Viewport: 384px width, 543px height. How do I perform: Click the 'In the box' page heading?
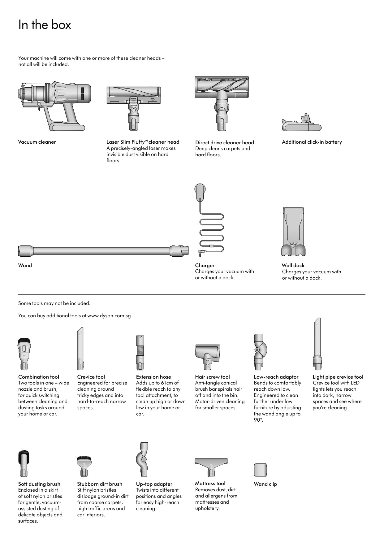point(45,25)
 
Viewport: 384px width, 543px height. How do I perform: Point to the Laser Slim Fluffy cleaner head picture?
point(133,104)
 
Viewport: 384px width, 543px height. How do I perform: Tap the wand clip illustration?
point(260,470)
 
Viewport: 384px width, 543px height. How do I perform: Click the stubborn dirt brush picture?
point(84,466)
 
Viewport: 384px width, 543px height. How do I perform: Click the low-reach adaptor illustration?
point(259,352)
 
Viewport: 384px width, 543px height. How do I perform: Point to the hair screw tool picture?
point(208,356)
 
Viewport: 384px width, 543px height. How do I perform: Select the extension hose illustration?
point(140,353)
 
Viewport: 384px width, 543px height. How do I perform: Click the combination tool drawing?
point(24,354)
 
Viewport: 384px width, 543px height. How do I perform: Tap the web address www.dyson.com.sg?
point(109,316)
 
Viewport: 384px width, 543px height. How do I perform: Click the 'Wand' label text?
point(25,265)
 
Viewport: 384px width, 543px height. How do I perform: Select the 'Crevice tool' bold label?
point(91,377)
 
